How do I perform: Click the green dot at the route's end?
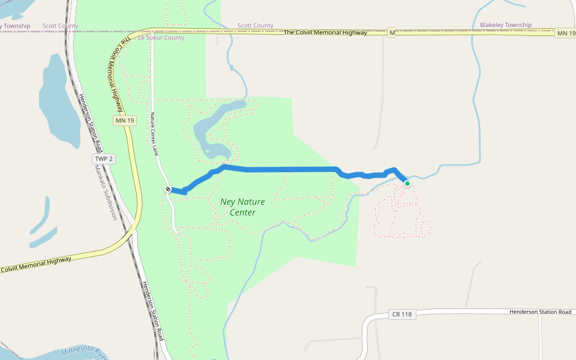[x=407, y=184]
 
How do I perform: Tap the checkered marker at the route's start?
[x=169, y=190]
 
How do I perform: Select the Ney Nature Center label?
[x=242, y=207]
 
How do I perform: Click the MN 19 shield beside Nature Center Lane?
[x=125, y=121]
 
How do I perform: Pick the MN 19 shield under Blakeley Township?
[x=565, y=32]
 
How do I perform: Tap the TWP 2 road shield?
[x=103, y=159]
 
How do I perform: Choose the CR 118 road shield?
[x=402, y=314]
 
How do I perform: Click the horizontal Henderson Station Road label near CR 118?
[x=540, y=311]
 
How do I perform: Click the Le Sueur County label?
[x=161, y=37]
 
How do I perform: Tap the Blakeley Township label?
[x=505, y=25]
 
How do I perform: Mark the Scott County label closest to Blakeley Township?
[x=255, y=26]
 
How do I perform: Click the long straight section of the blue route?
[x=288, y=170]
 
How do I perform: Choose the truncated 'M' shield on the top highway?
[x=391, y=32]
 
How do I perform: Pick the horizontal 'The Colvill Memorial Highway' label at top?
[x=325, y=32]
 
